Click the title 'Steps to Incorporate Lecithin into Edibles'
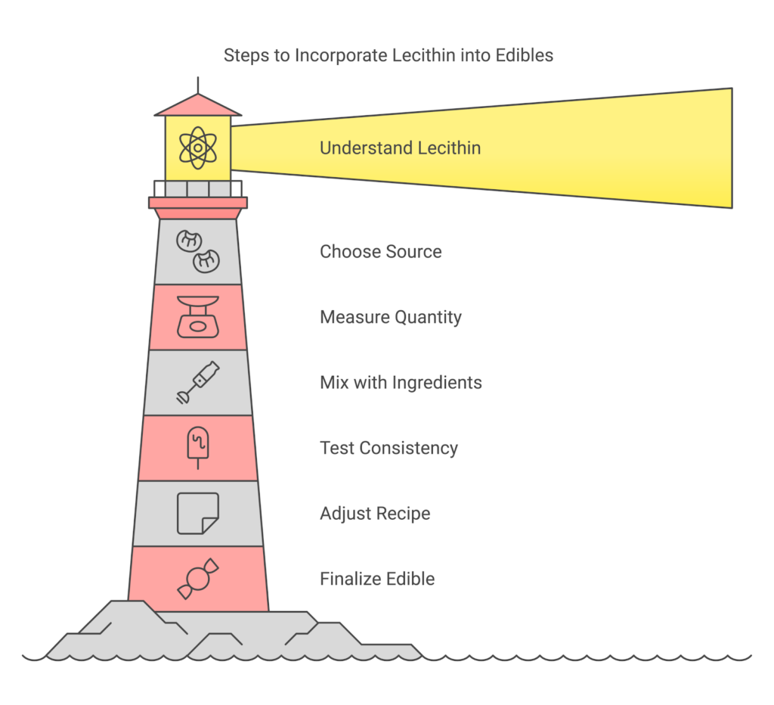point(388,55)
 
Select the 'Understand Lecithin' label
point(400,148)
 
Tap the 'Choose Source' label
point(380,251)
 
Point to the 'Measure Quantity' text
point(390,316)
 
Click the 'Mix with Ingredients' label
point(401,382)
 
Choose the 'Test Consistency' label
point(389,448)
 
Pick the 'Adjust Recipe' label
point(375,513)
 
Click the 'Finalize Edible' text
point(377,579)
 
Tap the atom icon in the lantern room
point(197,148)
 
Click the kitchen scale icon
point(197,316)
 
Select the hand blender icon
point(197,382)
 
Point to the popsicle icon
point(197,446)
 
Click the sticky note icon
point(197,513)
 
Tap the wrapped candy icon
point(197,579)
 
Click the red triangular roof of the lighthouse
point(197,106)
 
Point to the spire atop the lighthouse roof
point(197,85)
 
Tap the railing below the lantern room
point(197,188)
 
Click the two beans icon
point(197,251)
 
